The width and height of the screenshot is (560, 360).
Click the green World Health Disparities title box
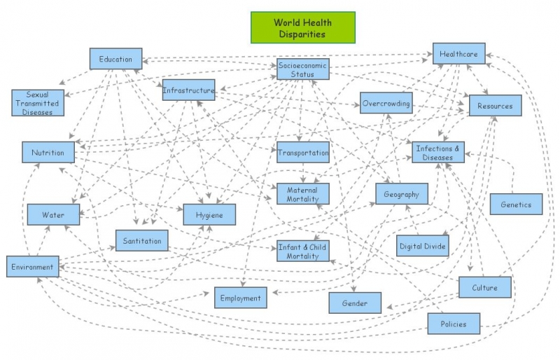[303, 27]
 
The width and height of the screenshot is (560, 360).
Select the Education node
[115, 59]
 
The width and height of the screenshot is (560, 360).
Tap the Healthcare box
[458, 53]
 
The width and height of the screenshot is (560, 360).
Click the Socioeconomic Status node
[302, 69]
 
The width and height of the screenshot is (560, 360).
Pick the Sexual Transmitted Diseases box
[37, 102]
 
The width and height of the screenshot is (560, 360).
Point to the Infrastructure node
[188, 90]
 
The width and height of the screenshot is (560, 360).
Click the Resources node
[495, 106]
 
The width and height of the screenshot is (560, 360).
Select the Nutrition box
[48, 152]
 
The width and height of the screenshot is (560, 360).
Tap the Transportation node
[302, 153]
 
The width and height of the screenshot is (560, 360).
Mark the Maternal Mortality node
[302, 194]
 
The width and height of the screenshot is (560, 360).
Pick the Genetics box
[516, 204]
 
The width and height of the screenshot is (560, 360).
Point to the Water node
[53, 214]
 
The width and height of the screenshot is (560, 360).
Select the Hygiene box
[209, 214]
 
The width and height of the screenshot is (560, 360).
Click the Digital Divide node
[422, 246]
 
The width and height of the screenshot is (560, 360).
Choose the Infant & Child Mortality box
[302, 251]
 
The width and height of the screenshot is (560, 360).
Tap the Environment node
[33, 266]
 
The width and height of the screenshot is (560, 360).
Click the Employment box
[240, 298]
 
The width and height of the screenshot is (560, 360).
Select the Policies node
[454, 324]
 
